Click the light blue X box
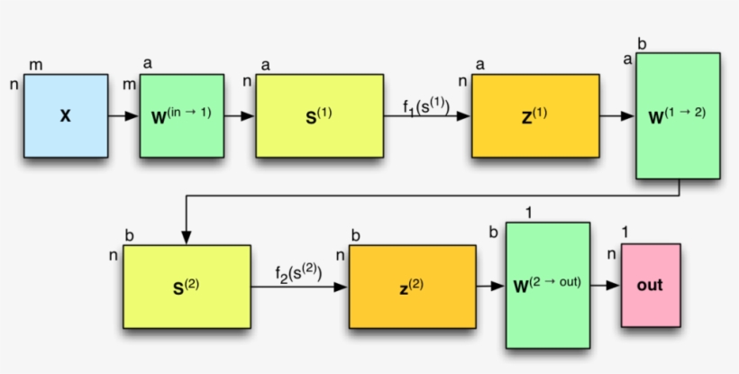pos(65,115)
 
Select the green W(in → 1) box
pos(181,115)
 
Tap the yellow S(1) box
pos(319,115)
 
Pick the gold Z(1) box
pos(534,115)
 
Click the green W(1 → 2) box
pos(677,115)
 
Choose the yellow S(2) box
pos(187,286)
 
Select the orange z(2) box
pos(412,286)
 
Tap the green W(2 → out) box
pos(548,285)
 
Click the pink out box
pos(650,285)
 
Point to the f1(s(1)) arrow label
pos(425,105)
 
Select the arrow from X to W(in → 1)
pos(123,115)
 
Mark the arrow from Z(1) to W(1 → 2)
pos(617,115)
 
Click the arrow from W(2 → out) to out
pos(606,285)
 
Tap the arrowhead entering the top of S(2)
pos(187,237)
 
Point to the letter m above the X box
pos(36,65)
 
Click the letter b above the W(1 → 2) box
pos(642,43)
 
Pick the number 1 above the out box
pos(625,233)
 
